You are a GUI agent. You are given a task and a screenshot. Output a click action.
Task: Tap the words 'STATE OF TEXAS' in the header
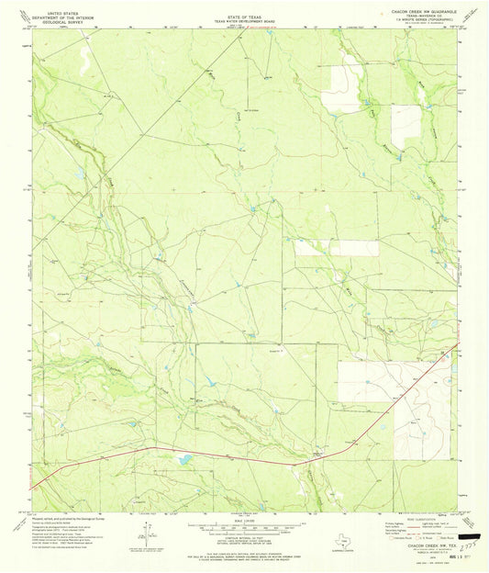244,14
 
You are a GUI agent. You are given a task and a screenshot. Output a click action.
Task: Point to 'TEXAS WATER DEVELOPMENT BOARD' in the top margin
244,19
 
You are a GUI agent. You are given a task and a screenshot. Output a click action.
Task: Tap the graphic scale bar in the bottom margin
244,527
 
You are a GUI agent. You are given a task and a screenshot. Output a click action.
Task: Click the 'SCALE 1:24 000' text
244,519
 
